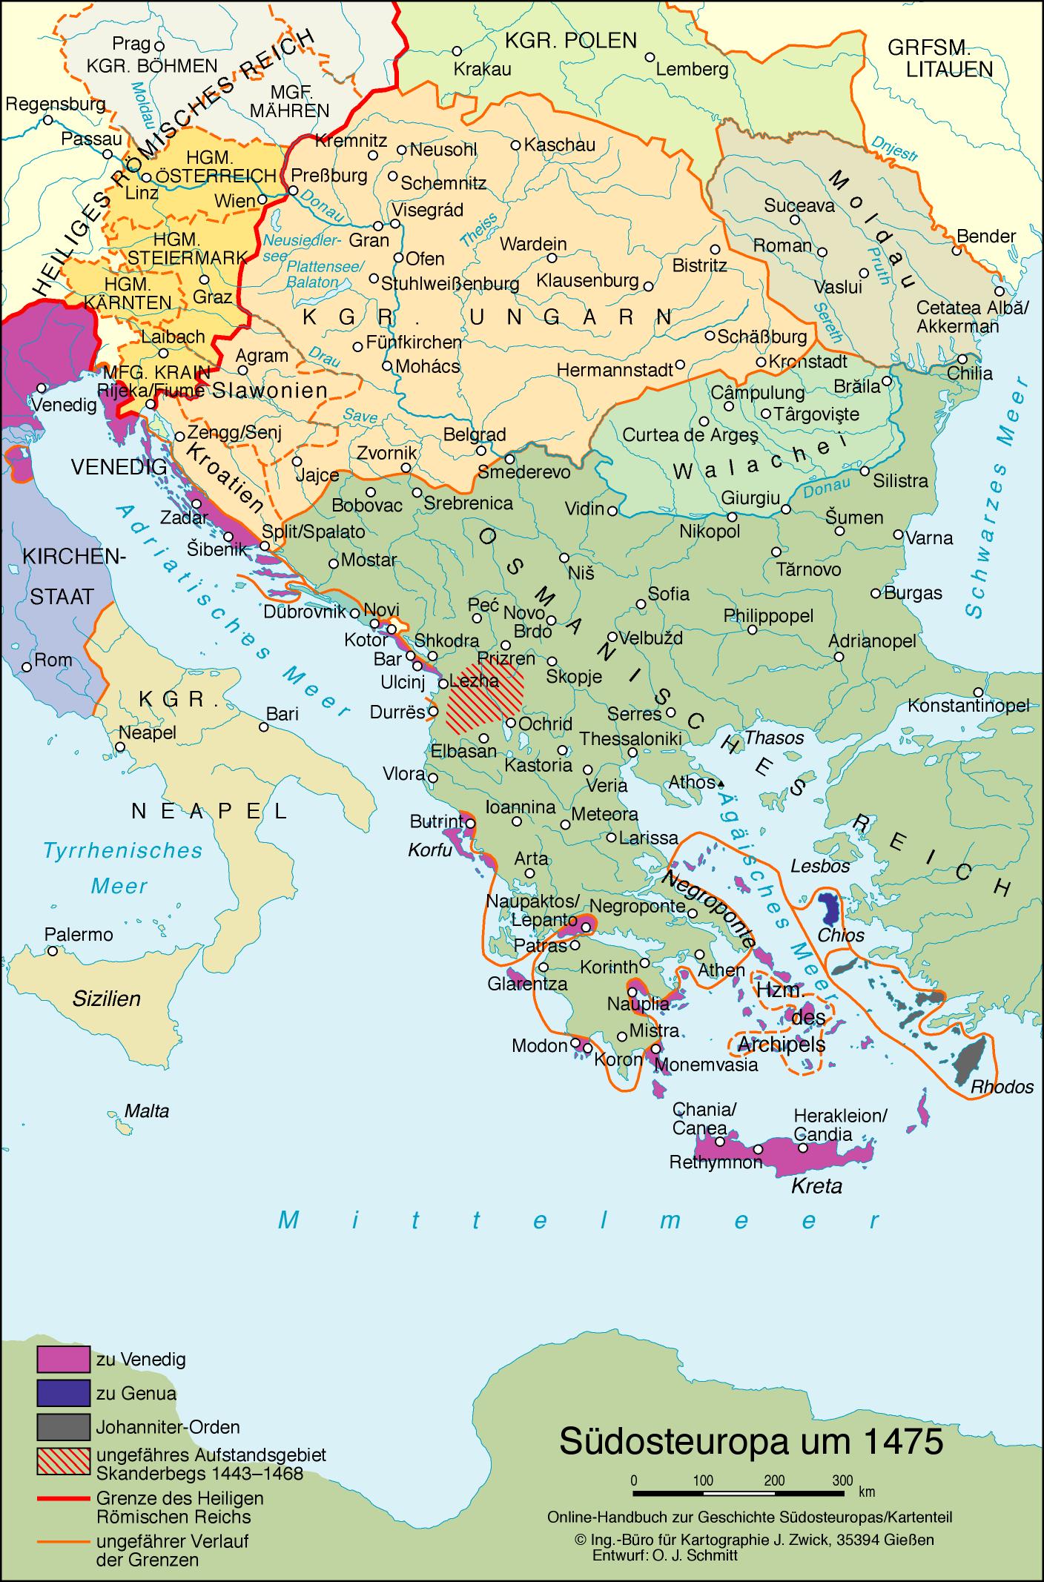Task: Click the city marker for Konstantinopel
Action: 979,691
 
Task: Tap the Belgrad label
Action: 475,434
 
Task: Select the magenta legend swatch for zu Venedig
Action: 64,1360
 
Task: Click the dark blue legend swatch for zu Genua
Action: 64,1393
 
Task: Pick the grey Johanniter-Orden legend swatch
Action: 64,1427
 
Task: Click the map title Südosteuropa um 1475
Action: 750,1440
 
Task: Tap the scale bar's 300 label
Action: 842,1481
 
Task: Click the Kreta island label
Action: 816,1186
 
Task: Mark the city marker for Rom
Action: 27,666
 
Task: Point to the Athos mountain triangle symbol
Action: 721,783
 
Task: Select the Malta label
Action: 147,1111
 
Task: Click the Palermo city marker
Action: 52,951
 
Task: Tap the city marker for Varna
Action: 898,534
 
